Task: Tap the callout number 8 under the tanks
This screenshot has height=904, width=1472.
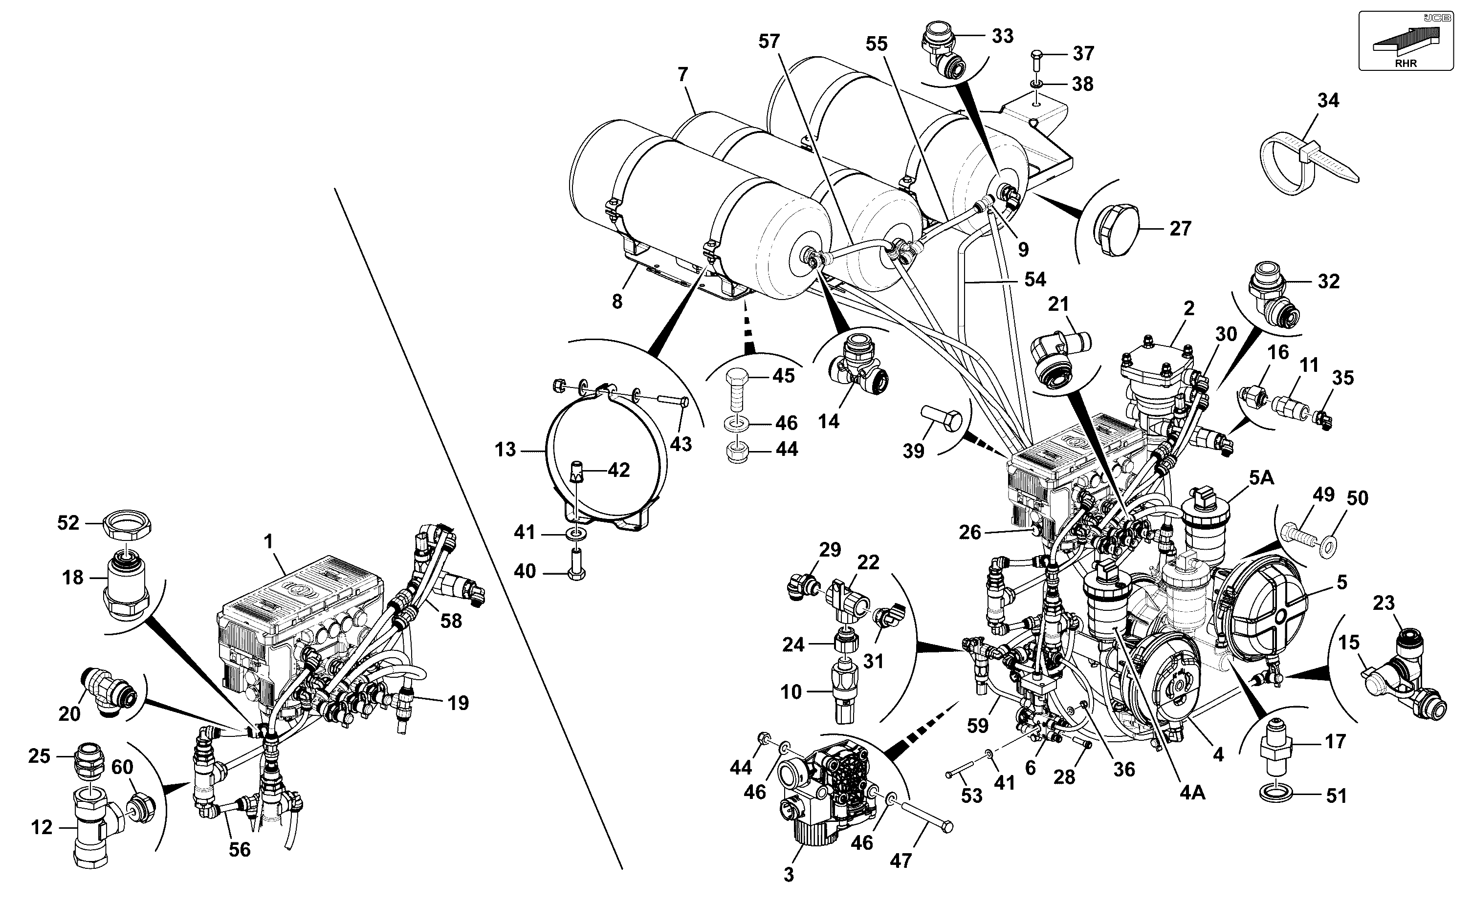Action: (x=616, y=301)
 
